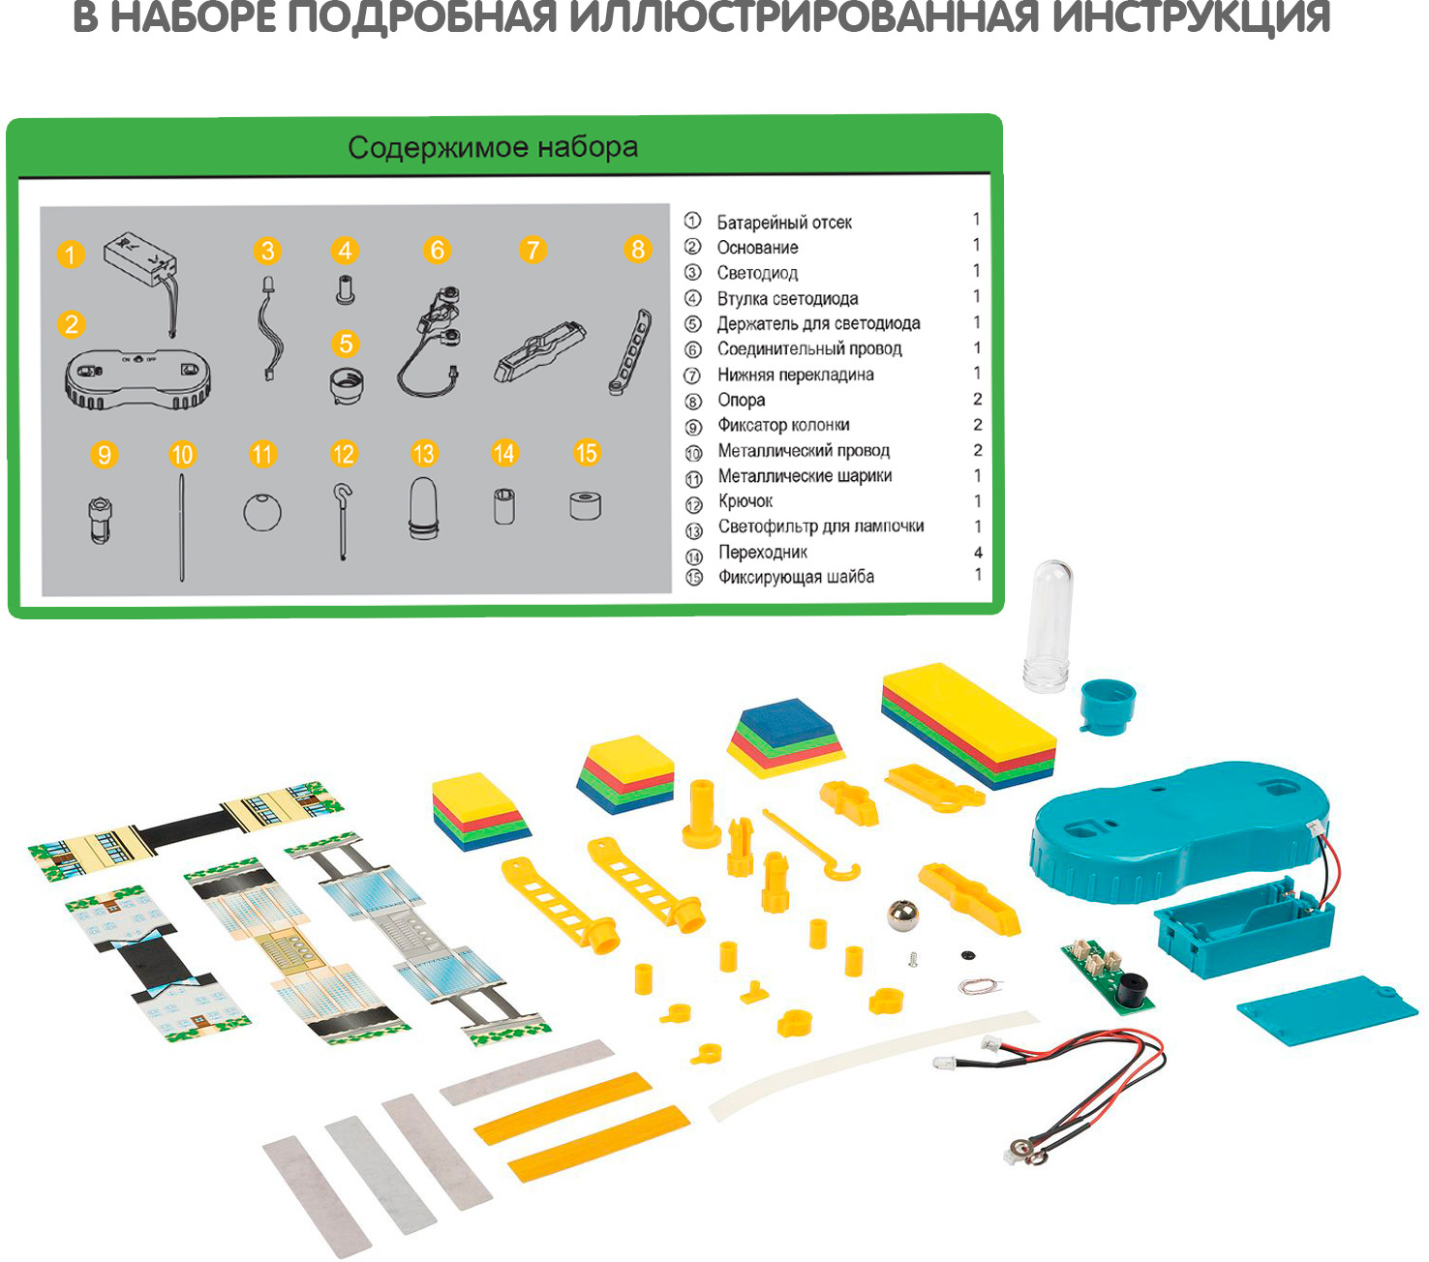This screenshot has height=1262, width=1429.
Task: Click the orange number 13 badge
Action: click(x=423, y=453)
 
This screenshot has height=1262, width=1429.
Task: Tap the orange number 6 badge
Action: click(x=438, y=251)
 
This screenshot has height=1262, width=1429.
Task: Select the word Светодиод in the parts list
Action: click(x=757, y=273)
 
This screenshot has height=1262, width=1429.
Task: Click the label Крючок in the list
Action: click(x=745, y=501)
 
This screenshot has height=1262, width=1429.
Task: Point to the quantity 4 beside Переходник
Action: click(x=978, y=552)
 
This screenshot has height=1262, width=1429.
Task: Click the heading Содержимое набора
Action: click(x=493, y=147)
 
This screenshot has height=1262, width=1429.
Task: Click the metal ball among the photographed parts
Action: click(x=903, y=916)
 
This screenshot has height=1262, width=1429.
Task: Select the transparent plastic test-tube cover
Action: click(x=1049, y=626)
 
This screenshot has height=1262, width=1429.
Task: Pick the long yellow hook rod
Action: click(x=811, y=845)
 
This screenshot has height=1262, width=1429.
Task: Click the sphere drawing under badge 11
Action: click(x=262, y=512)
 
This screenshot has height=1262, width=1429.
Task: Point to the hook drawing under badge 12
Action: click(x=343, y=522)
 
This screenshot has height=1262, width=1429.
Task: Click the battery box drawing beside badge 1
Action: click(x=141, y=261)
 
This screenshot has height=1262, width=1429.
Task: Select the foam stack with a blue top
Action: click(x=786, y=737)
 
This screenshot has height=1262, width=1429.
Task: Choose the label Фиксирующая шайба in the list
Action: click(x=796, y=578)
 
